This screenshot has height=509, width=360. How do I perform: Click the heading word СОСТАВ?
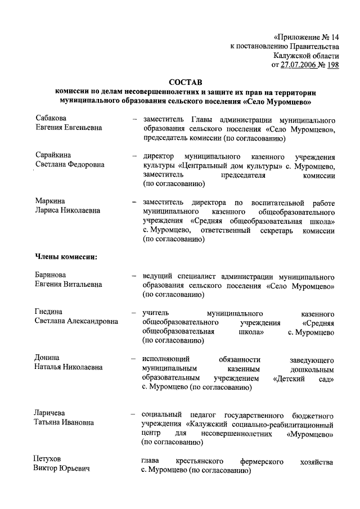[184, 82]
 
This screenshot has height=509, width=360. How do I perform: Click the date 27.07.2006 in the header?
[304, 65]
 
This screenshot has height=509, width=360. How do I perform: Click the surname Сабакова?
[51, 119]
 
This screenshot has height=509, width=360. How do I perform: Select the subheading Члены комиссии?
[64, 257]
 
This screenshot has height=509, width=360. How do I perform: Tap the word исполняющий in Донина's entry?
[165, 358]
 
